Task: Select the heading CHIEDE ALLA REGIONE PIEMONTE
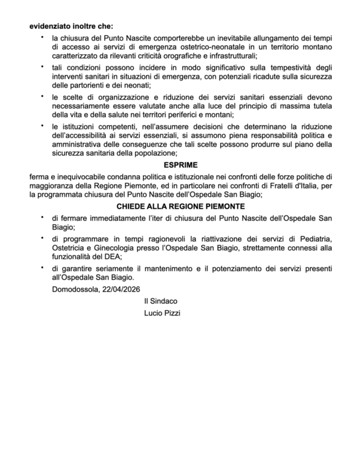[x=179, y=206]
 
